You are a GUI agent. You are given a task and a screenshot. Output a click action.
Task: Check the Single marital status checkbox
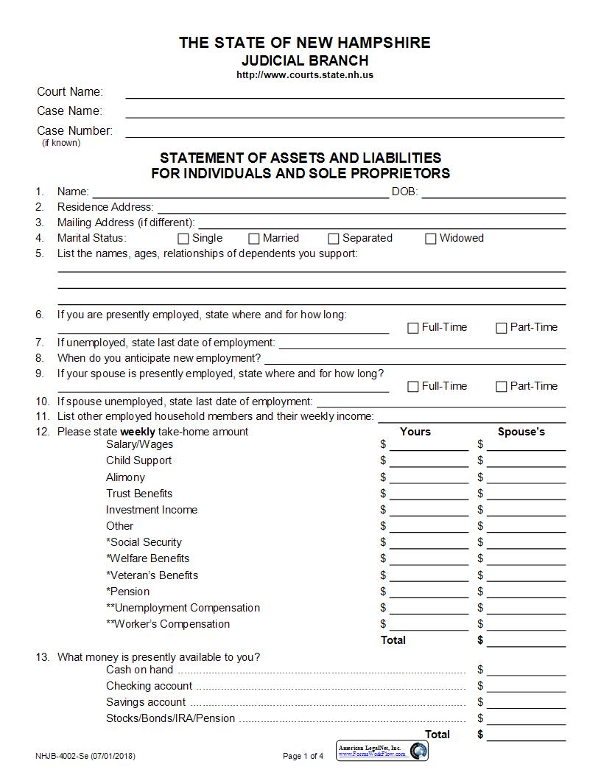tap(183, 239)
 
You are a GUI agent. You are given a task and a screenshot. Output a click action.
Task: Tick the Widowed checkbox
tap(431, 239)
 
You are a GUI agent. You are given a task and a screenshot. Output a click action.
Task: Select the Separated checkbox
tap(334, 239)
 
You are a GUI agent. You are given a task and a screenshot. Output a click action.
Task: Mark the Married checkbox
tap(254, 239)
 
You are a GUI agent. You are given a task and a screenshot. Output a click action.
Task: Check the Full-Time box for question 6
tap(413, 328)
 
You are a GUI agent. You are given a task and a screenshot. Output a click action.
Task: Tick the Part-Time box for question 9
tap(502, 387)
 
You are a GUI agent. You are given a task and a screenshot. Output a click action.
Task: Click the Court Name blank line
tap(345, 94)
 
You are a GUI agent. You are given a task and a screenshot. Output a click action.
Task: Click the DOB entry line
tap(493, 194)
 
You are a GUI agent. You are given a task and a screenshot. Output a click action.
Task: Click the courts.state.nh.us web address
tap(305, 75)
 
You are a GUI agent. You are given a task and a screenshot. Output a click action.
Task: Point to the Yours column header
tap(415, 432)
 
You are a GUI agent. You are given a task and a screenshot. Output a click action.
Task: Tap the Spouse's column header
tap(521, 432)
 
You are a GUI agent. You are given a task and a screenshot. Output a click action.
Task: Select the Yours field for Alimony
tap(429, 479)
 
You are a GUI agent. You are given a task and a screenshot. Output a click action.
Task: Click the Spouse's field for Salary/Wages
tap(526, 446)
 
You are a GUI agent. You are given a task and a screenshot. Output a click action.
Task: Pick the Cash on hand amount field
tap(526, 671)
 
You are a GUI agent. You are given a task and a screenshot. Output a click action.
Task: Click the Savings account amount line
tap(526, 704)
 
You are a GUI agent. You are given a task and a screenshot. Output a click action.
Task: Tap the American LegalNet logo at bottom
tap(382, 751)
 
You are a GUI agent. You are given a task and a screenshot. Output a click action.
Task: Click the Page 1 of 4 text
tap(303, 756)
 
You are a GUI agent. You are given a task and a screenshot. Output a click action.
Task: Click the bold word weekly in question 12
tap(138, 432)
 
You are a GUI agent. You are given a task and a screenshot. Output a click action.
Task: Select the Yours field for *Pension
tap(429, 593)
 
